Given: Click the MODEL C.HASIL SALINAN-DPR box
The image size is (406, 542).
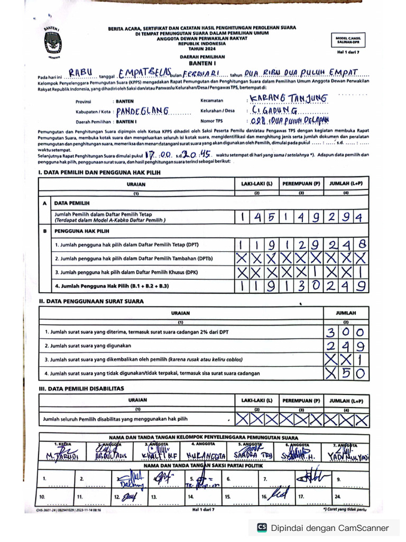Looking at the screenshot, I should [347, 41].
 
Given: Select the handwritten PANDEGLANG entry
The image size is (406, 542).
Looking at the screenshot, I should [142, 111].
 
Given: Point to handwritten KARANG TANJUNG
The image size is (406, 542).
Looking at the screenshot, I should [289, 98].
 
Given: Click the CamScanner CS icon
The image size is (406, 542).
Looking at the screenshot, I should [261, 528].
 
